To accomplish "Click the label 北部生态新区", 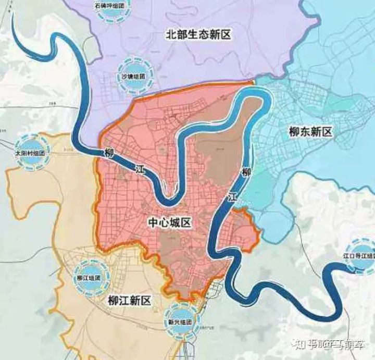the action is [197, 34].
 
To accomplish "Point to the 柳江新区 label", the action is [129, 300].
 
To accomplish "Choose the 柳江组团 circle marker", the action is [92, 277].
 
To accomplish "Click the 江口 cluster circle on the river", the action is [360, 256].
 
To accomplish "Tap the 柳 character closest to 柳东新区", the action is [246, 172].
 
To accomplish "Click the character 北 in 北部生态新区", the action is [170, 34].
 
